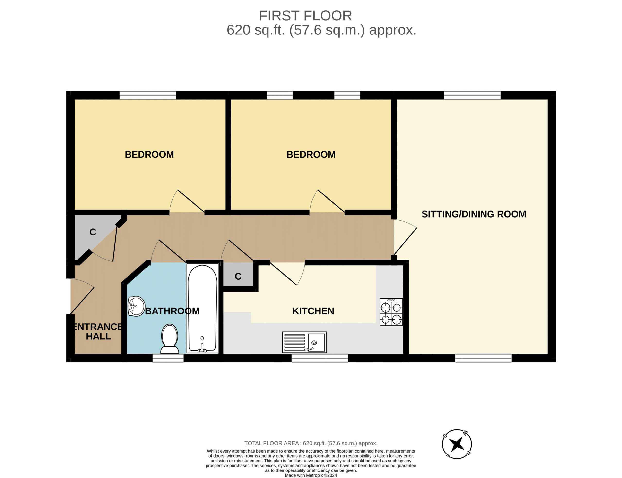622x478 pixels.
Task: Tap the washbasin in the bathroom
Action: [x=136, y=306]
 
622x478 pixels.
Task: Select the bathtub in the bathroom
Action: [x=202, y=308]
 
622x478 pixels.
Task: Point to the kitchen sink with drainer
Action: [x=304, y=342]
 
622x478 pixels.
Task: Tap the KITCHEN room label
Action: [x=313, y=311]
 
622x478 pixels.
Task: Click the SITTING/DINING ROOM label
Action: [x=474, y=214]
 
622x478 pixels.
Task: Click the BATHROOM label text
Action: [x=172, y=311]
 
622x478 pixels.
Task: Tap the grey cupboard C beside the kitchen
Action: [x=238, y=275]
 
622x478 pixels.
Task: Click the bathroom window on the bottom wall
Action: [x=168, y=358]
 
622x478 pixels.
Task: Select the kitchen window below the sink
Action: [x=320, y=358]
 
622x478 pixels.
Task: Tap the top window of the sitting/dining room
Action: [x=472, y=95]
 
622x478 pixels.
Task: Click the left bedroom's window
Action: [x=147, y=95]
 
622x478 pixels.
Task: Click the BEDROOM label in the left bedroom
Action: [x=149, y=154]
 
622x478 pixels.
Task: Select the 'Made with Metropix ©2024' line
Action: [x=311, y=475]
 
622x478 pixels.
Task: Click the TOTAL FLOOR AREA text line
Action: [x=311, y=443]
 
